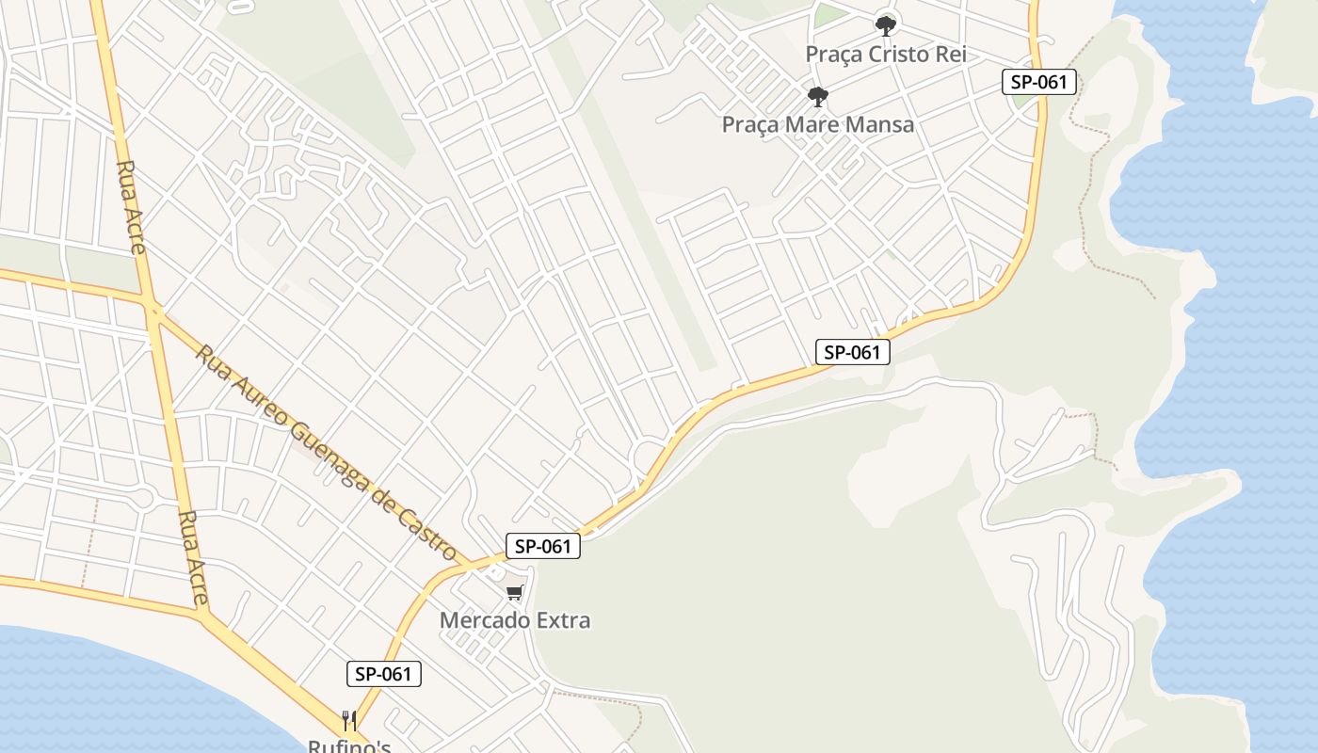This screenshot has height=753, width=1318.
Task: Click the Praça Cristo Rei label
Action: [x=885, y=55]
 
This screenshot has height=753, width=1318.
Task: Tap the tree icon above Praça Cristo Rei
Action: [x=885, y=25]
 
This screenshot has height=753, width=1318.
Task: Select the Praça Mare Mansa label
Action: [x=817, y=124]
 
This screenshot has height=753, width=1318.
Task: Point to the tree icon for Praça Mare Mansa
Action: [x=817, y=96]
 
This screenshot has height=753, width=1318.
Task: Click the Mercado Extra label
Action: [x=515, y=620]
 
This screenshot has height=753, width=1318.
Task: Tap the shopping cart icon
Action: [x=514, y=592]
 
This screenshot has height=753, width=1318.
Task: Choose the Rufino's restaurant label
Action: [x=348, y=746]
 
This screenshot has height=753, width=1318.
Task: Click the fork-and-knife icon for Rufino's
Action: [x=349, y=721]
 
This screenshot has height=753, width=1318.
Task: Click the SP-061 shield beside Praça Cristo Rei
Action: [x=1038, y=82]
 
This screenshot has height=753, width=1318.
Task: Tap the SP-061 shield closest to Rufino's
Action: [x=383, y=674]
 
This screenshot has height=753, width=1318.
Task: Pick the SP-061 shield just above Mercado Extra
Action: [x=543, y=546]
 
